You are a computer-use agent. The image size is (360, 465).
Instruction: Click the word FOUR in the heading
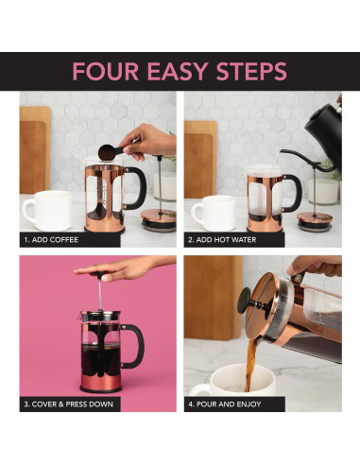click(x=103, y=72)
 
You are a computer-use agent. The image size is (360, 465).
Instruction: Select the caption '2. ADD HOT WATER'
click(x=225, y=240)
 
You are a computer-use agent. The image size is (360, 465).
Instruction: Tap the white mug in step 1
click(x=45, y=210)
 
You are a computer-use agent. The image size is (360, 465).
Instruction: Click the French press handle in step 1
click(x=138, y=189)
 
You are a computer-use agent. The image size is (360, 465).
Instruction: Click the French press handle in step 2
click(x=297, y=194)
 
